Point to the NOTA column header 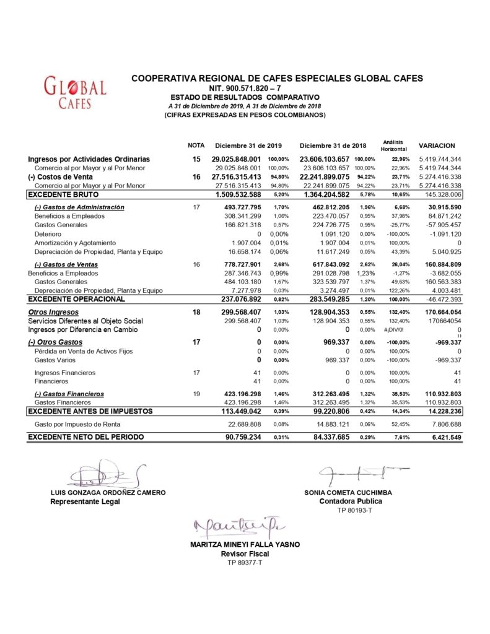pyautogui.click(x=196, y=145)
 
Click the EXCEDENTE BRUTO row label pyautogui.click(x=59, y=194)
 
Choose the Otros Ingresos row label pyautogui.click(x=53, y=312)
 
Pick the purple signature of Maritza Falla pyautogui.click(x=235, y=528)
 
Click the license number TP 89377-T pyautogui.click(x=245, y=562)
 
